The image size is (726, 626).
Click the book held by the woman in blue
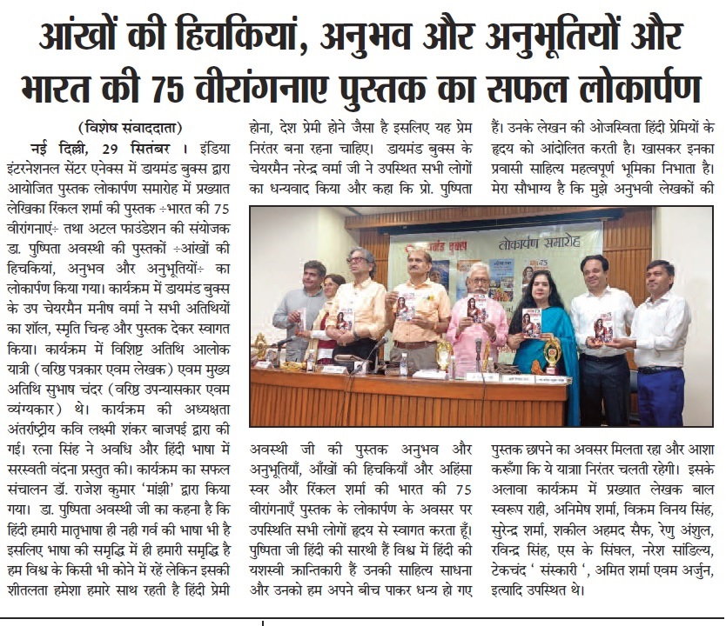click(531, 323)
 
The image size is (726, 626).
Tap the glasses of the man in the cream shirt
click(356, 260)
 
